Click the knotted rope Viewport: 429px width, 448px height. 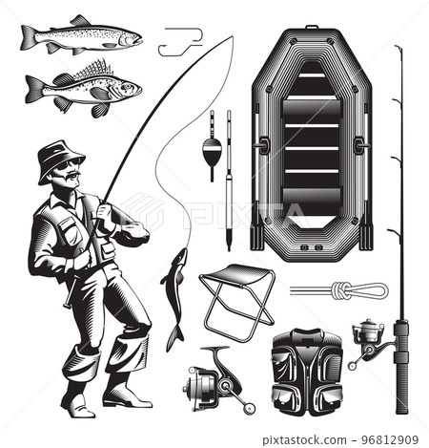[x=338, y=290]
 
